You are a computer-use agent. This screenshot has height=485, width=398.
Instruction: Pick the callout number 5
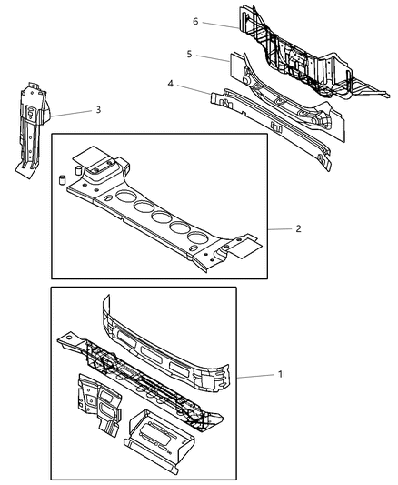tap(189, 54)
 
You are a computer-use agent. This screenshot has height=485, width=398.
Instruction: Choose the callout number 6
tap(195, 21)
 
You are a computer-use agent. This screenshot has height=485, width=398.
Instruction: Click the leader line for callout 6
tap(221, 25)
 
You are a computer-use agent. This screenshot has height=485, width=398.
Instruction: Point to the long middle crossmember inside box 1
tap(136, 373)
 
